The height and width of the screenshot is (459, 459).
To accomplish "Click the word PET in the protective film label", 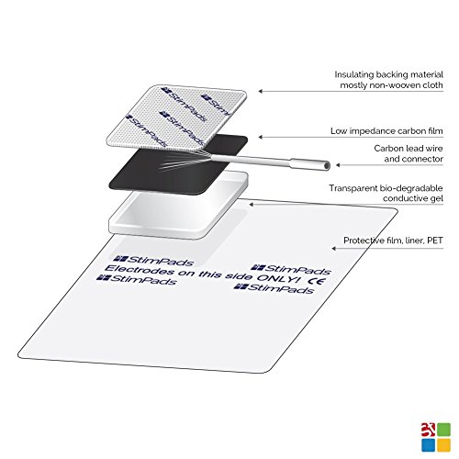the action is tap(435, 241).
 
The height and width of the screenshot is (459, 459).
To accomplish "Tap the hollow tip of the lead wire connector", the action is tap(327, 165).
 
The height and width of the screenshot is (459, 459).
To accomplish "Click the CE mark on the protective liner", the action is tap(318, 281).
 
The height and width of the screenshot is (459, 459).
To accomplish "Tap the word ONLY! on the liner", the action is tap(277, 278).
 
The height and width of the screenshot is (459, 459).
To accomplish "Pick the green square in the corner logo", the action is tap(443, 430).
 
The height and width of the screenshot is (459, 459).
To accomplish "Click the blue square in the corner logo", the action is tap(429, 444).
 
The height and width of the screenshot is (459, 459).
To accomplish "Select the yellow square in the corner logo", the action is tap(443, 444).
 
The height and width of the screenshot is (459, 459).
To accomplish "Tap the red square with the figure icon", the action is tap(429, 430).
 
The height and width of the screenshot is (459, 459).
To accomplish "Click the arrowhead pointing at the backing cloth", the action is tap(261, 91).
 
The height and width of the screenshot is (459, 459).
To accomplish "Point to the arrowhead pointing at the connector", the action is tap(338, 165).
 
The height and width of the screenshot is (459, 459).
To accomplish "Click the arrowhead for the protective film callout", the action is tap(334, 248).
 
